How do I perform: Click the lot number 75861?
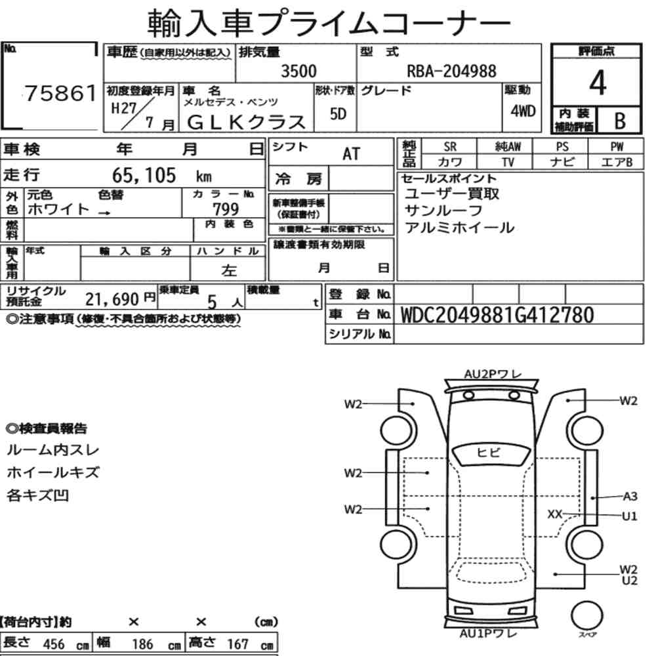click(x=60, y=93)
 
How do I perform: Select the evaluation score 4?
click(x=598, y=83)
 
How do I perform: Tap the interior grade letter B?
click(x=620, y=121)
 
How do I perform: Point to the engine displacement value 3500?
click(x=298, y=71)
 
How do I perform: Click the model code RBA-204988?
click(x=452, y=71)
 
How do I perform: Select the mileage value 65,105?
click(x=144, y=175)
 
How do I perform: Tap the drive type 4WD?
click(x=523, y=111)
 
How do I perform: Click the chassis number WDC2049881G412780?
click(x=497, y=315)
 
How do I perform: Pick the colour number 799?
click(x=226, y=209)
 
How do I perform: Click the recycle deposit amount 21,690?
click(x=112, y=299)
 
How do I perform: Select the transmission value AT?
click(x=351, y=154)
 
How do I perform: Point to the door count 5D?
click(x=338, y=113)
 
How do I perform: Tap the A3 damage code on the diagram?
click(x=630, y=496)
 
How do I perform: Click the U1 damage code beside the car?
click(x=630, y=516)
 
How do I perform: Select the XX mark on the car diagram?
click(x=555, y=514)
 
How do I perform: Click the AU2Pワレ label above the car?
click(x=493, y=374)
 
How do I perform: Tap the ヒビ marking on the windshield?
click(x=488, y=452)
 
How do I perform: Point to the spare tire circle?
click(x=586, y=616)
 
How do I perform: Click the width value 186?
click(x=142, y=644)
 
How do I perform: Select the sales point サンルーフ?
click(x=443, y=211)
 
